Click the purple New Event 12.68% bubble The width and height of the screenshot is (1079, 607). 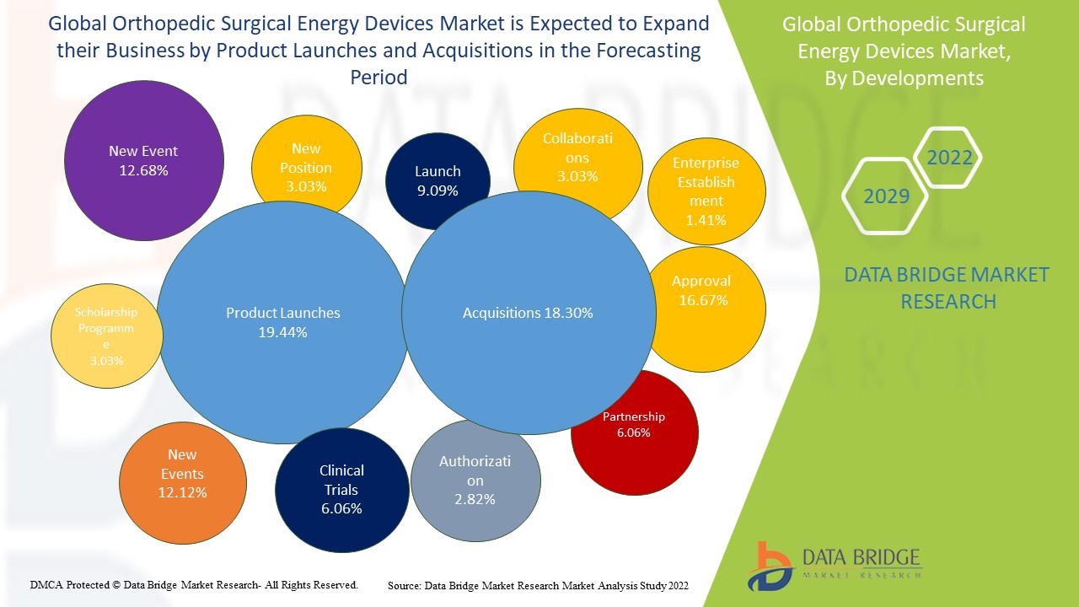tap(143, 160)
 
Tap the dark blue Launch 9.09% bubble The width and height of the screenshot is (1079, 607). tap(438, 179)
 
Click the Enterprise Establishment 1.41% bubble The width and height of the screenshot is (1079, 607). tap(706, 191)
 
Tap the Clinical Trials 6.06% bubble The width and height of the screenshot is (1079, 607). tap(341, 489)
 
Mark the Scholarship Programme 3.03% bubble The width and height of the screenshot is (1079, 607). tap(105, 335)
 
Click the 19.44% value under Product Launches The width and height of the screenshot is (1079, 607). tap(283, 332)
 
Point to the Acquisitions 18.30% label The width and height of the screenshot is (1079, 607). tap(528, 313)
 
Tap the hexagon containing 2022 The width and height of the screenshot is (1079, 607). tap(949, 158)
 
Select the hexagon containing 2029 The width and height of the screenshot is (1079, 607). tap(886, 196)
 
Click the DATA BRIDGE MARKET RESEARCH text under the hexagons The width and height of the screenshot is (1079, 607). tap(947, 287)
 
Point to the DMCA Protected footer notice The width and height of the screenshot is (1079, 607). tap(194, 584)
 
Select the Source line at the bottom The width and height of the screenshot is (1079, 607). tap(538, 585)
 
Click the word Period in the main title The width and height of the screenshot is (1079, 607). tap(378, 78)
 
